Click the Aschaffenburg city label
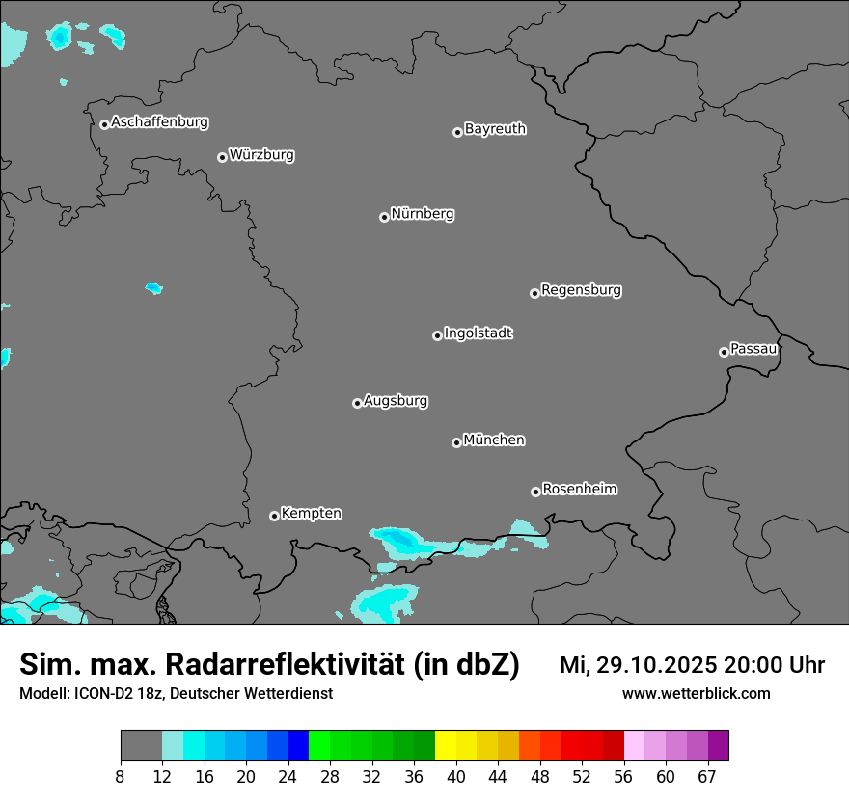[159, 122]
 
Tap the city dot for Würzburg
[222, 157]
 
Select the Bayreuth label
[495, 129]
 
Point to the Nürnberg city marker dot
[384, 217]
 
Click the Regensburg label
[581, 289]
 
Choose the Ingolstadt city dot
[437, 335]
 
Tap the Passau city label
[753, 348]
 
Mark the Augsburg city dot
[357, 403]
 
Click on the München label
[494, 440]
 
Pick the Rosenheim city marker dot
[535, 492]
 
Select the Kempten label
[311, 513]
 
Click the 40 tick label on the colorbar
[455, 777]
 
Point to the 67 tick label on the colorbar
[707, 777]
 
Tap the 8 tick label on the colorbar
[121, 777]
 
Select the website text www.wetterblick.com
[697, 694]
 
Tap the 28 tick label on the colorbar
[330, 777]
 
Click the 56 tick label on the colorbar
[623, 777]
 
